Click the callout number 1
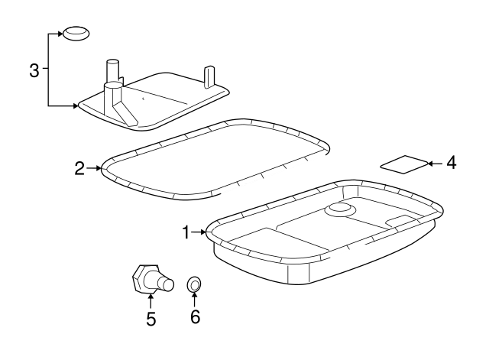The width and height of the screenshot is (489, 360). coord(185,232)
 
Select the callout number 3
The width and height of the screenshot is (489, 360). coord(34,71)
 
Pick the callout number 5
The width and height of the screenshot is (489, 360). coord(151,319)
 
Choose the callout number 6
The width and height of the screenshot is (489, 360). coord(195,316)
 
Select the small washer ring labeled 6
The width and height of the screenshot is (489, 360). coord(195,286)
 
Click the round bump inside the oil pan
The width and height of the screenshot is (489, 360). coord(338,209)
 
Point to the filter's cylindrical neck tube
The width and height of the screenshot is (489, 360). coord(112,70)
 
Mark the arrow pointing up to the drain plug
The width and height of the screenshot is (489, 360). coord(151,298)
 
